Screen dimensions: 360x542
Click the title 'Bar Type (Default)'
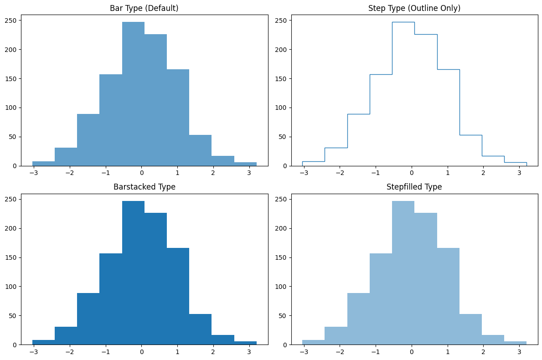coord(145,8)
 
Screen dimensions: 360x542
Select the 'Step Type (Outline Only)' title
coord(414,8)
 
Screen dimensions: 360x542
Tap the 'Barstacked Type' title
coord(145,187)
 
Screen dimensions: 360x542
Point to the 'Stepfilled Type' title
coord(414,187)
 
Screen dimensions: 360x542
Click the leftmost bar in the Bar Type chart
coord(43,163)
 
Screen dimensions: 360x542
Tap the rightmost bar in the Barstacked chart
coord(245,343)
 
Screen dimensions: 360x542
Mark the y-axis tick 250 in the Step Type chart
coord(281,21)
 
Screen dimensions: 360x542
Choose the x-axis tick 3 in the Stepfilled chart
coord(519,352)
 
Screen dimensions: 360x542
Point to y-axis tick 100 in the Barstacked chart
coord(11,287)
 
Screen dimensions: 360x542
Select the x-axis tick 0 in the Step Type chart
coord(411,173)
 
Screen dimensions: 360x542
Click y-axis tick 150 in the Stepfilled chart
coord(281,257)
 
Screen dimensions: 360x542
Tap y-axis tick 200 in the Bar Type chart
coord(11,50)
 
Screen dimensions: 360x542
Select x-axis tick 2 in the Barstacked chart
coord(213,352)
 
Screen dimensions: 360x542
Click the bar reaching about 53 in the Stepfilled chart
coord(470,329)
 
